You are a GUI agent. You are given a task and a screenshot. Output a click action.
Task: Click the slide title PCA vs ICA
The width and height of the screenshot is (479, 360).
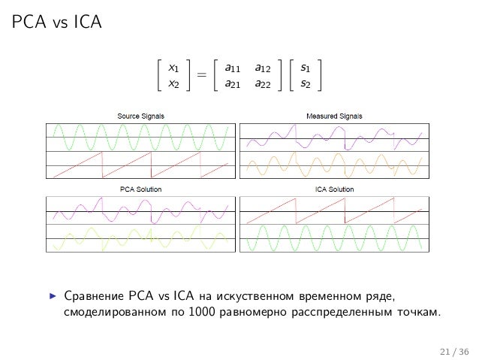(56, 22)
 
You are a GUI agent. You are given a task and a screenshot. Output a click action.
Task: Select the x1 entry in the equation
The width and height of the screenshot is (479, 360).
(173, 68)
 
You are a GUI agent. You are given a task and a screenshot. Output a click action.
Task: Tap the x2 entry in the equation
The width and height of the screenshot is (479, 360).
(173, 83)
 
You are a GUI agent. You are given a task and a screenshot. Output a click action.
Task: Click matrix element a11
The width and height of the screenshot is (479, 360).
(233, 68)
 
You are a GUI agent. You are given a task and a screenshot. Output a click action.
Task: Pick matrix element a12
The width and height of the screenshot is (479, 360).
(263, 68)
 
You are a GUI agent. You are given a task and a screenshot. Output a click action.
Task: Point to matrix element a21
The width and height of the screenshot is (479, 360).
(233, 83)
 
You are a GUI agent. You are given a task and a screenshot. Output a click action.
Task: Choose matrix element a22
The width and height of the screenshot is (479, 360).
(263, 83)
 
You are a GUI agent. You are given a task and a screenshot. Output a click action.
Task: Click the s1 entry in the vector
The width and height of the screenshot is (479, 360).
(305, 68)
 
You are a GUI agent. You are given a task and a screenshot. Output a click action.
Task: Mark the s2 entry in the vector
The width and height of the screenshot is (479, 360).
(305, 83)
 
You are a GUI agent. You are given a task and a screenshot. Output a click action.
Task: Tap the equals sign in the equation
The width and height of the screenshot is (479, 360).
(202, 74)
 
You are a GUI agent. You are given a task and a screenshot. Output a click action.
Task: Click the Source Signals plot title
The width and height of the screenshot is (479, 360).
(141, 116)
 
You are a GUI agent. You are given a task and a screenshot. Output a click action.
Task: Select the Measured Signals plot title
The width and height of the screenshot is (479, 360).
(334, 116)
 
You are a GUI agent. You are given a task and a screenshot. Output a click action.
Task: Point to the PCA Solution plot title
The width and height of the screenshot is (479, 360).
(141, 189)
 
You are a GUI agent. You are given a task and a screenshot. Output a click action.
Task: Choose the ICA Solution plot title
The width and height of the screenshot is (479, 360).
(335, 189)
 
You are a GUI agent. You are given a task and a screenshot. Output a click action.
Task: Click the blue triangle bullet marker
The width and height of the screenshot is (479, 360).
(53, 296)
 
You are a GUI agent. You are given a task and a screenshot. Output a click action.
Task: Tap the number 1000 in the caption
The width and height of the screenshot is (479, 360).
(202, 312)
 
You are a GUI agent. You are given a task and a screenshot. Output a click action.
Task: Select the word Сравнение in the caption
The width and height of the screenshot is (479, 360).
(94, 296)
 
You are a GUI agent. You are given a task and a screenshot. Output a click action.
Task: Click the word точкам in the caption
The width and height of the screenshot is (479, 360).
(419, 313)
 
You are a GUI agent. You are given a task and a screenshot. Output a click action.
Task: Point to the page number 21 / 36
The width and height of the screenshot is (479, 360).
(454, 352)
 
